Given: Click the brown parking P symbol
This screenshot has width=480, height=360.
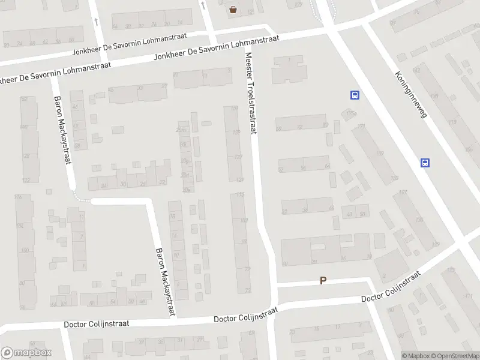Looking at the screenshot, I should pos(323,280).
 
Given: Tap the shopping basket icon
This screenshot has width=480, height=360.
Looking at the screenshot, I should pos(233,9).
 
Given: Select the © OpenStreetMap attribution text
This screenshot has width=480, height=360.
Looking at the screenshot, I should pos(455,355).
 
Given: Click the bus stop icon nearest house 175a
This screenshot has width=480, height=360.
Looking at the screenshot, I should pos(355,94).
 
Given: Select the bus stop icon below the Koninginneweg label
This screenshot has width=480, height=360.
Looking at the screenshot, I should pos(425,163).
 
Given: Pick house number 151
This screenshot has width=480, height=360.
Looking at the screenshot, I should pos(234,109).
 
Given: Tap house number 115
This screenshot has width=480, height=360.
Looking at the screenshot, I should pos(241,194).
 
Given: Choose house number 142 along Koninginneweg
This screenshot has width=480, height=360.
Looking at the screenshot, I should pos(416,70).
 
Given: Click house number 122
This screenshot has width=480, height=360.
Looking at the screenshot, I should pos(26,180).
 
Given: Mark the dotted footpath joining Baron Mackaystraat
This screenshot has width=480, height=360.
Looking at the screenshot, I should pos(82,199).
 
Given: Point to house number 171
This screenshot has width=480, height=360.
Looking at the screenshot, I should pos(361,127).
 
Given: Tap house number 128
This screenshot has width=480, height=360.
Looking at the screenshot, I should pos(26,156).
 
